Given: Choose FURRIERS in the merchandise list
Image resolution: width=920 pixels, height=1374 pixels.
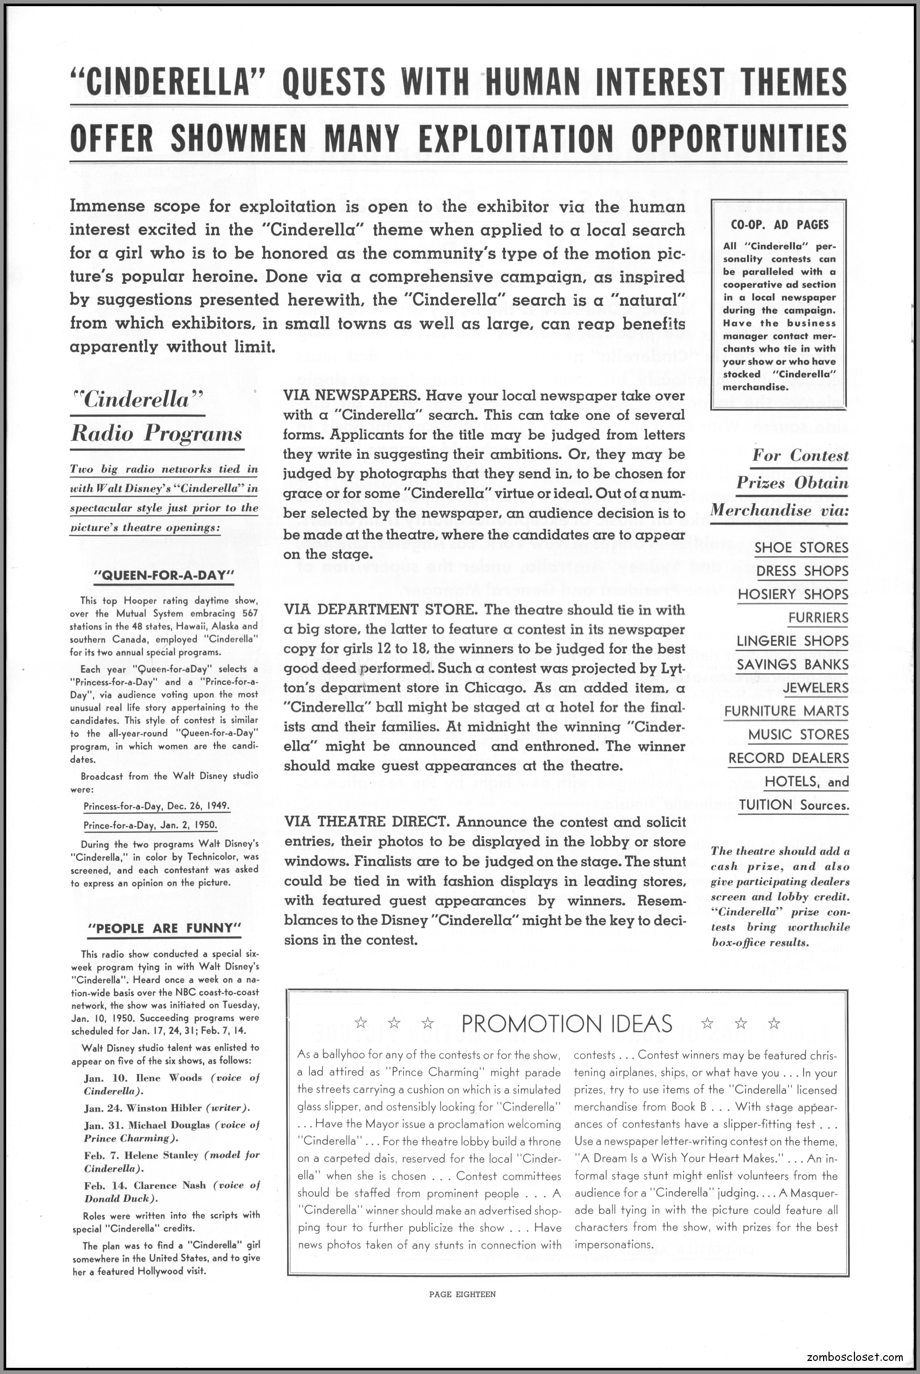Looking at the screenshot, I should pyautogui.click(x=818, y=617).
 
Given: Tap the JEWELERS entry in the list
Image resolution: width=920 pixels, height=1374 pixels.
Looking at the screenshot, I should pyautogui.click(x=815, y=688).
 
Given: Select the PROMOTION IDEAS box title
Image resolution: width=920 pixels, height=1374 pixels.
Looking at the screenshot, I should pyautogui.click(x=566, y=1024).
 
